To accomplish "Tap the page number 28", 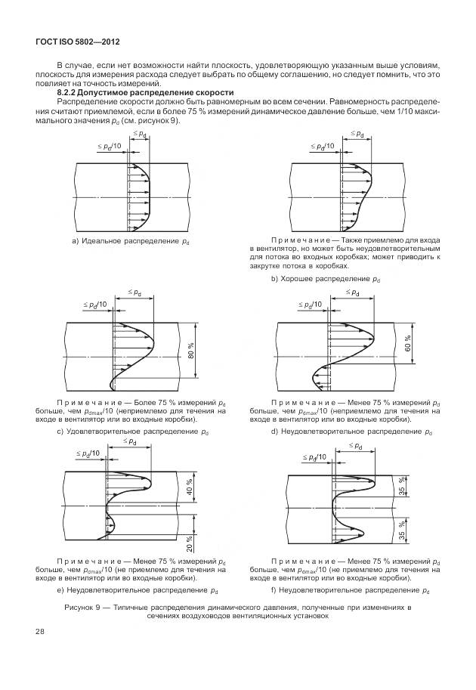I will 39,630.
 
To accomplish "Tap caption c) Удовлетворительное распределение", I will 133,432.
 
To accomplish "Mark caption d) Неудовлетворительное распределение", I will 351,432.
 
